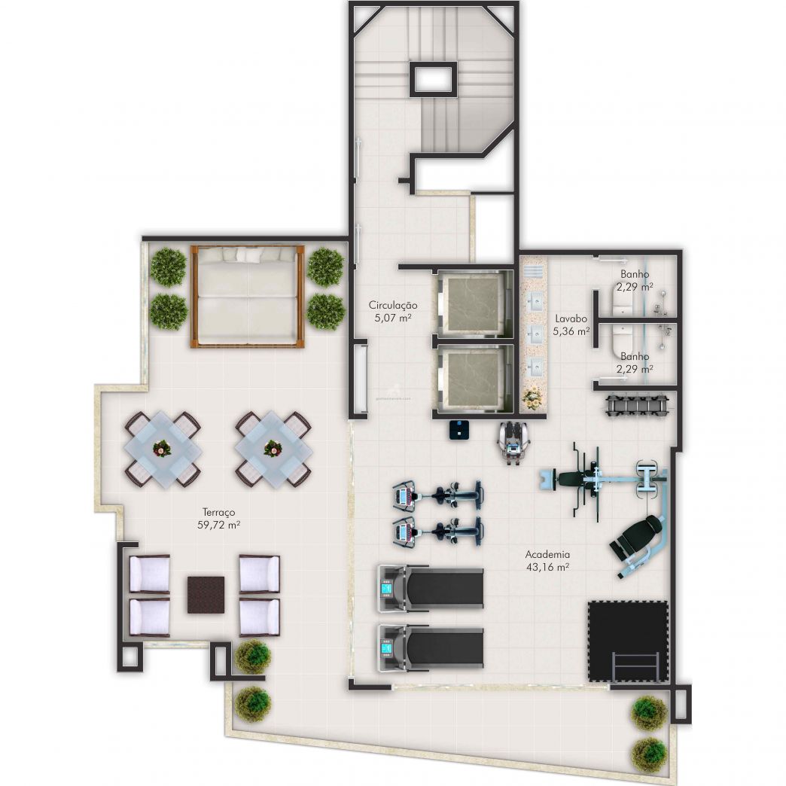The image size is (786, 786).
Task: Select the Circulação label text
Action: point(392,312)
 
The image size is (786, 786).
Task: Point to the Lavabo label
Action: point(571,324)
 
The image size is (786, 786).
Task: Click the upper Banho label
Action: point(635,280)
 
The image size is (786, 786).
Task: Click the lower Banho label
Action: point(635,362)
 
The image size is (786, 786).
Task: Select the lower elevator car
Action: point(471,378)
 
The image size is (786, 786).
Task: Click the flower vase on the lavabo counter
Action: point(533,397)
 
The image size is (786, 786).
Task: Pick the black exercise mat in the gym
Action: point(628,640)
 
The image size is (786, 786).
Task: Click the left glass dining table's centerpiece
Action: point(162,449)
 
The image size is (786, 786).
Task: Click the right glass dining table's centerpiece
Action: point(273,449)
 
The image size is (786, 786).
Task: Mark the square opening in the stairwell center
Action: point(433,78)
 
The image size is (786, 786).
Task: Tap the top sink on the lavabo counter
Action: point(535,302)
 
